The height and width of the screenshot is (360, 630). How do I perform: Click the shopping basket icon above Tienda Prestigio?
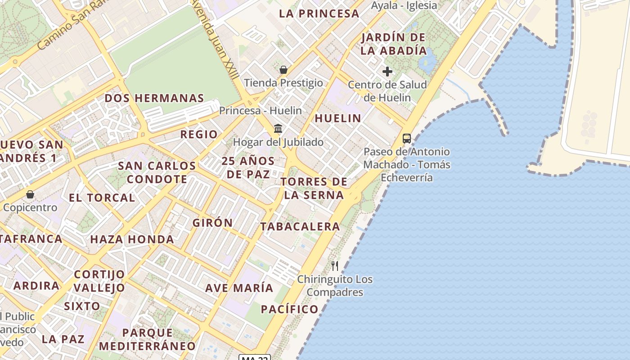coord(283,70)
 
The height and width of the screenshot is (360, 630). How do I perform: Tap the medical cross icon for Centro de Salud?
coord(387,72)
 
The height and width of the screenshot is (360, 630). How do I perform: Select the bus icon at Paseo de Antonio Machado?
coord(407,139)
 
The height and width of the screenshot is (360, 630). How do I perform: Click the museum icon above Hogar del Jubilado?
coord(278,129)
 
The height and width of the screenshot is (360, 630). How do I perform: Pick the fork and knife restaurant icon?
coord(334,266)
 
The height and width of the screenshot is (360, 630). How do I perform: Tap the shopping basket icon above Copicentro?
coord(30,195)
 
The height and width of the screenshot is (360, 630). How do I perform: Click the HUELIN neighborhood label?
coord(337,118)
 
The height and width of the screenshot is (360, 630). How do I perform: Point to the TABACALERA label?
coord(300,226)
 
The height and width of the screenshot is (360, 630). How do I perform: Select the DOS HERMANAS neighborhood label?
coord(154,98)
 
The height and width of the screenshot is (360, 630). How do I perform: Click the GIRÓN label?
coord(212,223)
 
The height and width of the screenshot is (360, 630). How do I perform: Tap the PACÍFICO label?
coord(290,309)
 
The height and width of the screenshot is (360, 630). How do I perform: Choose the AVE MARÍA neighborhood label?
coord(239,288)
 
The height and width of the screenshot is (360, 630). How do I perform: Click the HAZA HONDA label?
coord(132,239)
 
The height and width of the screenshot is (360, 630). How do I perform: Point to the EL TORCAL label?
coord(102,198)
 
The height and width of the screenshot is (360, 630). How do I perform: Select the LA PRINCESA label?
coord(319,13)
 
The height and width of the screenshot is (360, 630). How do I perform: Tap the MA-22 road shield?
coord(255,357)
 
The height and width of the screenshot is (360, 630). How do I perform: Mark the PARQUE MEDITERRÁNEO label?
coord(148,339)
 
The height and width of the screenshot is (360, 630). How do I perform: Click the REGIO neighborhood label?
coord(199,134)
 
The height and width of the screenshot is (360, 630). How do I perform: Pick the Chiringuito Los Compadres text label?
coord(335,286)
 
